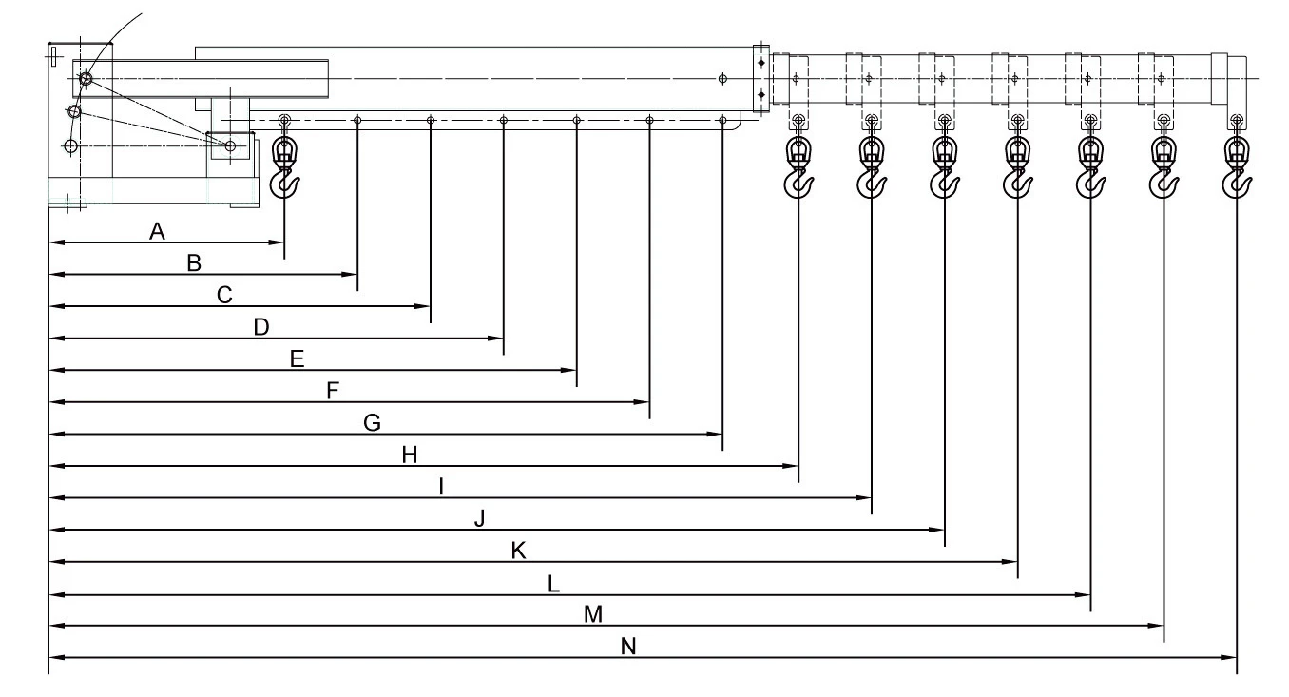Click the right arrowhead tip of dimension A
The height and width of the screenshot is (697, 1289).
tap(284, 242)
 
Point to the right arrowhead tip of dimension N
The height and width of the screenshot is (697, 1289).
tap(1237, 657)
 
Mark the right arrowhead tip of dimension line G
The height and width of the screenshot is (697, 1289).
tap(722, 434)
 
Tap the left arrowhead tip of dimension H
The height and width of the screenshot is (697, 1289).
tap(50, 466)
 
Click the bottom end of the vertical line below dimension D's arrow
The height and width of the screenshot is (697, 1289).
tap(504, 355)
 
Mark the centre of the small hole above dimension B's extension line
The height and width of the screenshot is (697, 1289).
tap(357, 120)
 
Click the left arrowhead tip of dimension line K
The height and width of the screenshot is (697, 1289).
tap(50, 562)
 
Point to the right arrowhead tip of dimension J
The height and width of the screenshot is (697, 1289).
tap(944, 530)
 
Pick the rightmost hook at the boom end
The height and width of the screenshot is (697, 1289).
tap(1237, 167)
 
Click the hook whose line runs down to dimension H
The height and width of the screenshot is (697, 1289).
tap(798, 167)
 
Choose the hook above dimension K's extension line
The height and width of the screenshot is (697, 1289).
tap(1017, 167)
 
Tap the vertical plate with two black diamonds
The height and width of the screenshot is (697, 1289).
tap(761, 78)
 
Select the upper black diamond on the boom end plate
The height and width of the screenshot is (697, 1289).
tap(761, 63)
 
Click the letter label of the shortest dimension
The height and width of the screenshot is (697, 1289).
tap(157, 231)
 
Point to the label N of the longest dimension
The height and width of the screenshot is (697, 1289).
tap(628, 647)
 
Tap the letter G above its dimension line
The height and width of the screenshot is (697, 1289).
tap(373, 423)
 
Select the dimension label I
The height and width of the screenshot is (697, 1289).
tap(441, 487)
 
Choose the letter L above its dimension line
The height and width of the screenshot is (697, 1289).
tap(553, 584)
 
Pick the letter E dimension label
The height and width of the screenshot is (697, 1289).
tap(297, 359)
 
